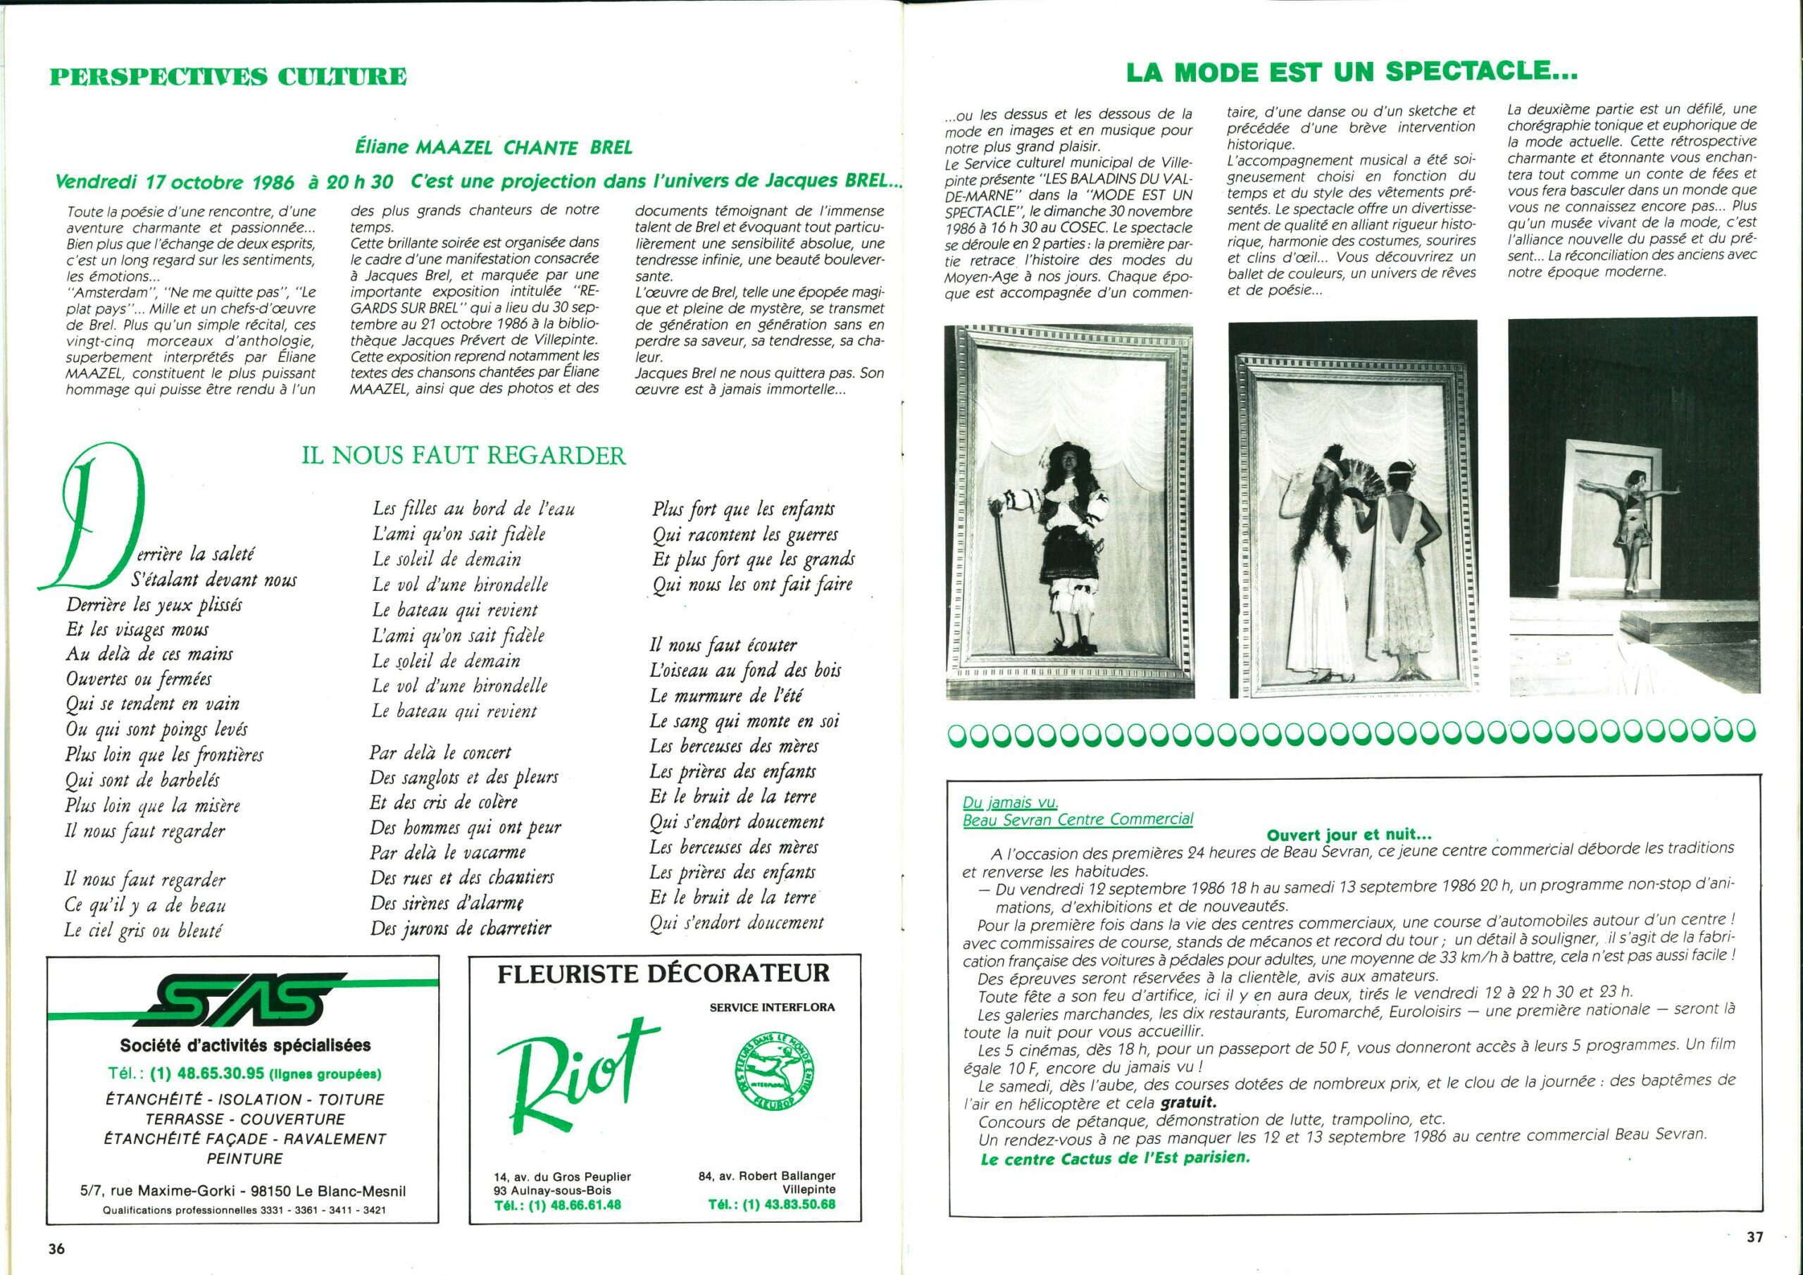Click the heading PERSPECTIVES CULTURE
click(x=227, y=77)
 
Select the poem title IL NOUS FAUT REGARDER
click(x=463, y=456)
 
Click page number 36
click(x=56, y=1250)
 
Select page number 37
click(x=1755, y=1236)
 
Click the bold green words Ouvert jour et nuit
click(x=1349, y=836)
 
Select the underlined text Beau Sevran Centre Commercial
click(x=1078, y=819)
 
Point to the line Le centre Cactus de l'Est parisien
click(x=1114, y=1158)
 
